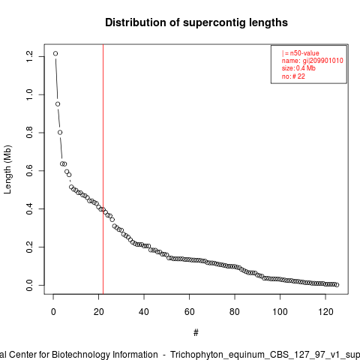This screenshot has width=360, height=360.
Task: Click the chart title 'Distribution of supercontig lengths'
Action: click(x=196, y=22)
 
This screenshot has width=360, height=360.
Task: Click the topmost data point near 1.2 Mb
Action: click(x=55, y=53)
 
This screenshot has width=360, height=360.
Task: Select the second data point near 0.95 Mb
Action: click(x=58, y=104)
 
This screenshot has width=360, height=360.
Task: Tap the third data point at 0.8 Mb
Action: click(x=60, y=132)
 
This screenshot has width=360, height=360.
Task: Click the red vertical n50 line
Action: click(x=103, y=169)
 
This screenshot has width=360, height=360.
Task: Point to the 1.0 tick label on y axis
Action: click(x=29, y=94)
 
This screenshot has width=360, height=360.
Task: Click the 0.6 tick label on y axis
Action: click(x=29, y=171)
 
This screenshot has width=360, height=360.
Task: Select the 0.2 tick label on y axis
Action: click(x=29, y=247)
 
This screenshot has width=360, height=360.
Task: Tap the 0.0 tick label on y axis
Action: click(x=29, y=285)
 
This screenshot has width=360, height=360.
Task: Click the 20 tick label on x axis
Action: click(x=99, y=312)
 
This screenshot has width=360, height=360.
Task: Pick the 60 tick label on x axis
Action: click(x=190, y=312)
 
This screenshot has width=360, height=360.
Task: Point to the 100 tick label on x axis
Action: click(x=280, y=312)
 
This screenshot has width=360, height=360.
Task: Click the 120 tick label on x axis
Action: click(x=325, y=312)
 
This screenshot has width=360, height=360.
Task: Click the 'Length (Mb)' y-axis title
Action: click(x=7, y=169)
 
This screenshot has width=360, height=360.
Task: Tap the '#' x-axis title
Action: click(x=196, y=333)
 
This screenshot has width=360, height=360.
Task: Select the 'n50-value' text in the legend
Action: click(x=304, y=53)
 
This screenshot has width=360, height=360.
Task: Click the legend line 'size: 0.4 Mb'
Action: click(x=298, y=68)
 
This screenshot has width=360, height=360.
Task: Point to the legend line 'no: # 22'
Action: click(x=293, y=76)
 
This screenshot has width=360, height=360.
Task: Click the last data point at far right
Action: click(x=337, y=285)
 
